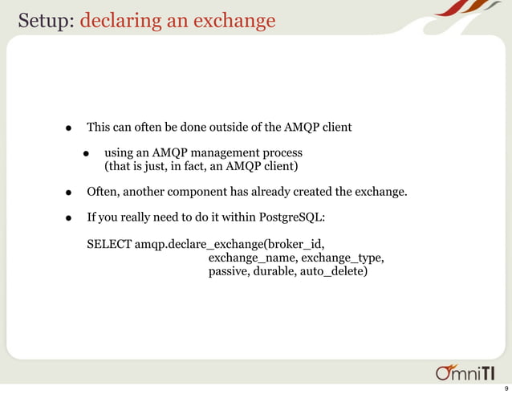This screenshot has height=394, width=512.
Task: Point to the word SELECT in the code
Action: pos(109,243)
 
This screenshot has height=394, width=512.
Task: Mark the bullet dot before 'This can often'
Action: pos(70,128)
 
